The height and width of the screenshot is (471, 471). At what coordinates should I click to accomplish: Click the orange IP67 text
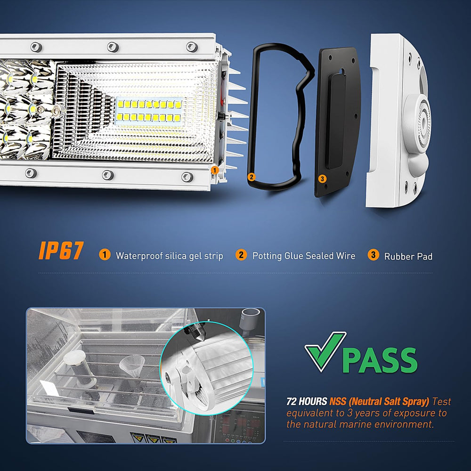tap(61, 251)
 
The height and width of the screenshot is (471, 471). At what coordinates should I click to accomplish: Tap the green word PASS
tap(380, 360)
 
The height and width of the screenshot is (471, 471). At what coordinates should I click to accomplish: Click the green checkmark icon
tap(325, 351)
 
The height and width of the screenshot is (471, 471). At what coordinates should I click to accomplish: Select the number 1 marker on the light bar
tap(214, 171)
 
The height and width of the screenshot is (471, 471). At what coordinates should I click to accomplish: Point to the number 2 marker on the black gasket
tap(252, 177)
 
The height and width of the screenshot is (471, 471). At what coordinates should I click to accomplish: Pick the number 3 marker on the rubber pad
tap(322, 179)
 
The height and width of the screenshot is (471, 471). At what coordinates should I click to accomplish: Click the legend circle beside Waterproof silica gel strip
tap(105, 255)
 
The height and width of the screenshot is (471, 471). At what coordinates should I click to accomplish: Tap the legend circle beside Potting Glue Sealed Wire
tap(241, 255)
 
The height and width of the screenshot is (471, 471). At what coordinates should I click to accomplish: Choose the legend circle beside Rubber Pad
tap(373, 255)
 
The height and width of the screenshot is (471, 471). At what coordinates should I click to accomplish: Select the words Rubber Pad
tap(408, 257)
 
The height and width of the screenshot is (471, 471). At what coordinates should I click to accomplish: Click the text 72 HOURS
tap(307, 401)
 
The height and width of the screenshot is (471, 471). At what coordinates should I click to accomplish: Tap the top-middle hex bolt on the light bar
tap(113, 47)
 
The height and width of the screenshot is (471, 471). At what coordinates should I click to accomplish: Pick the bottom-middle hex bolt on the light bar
tap(108, 175)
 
